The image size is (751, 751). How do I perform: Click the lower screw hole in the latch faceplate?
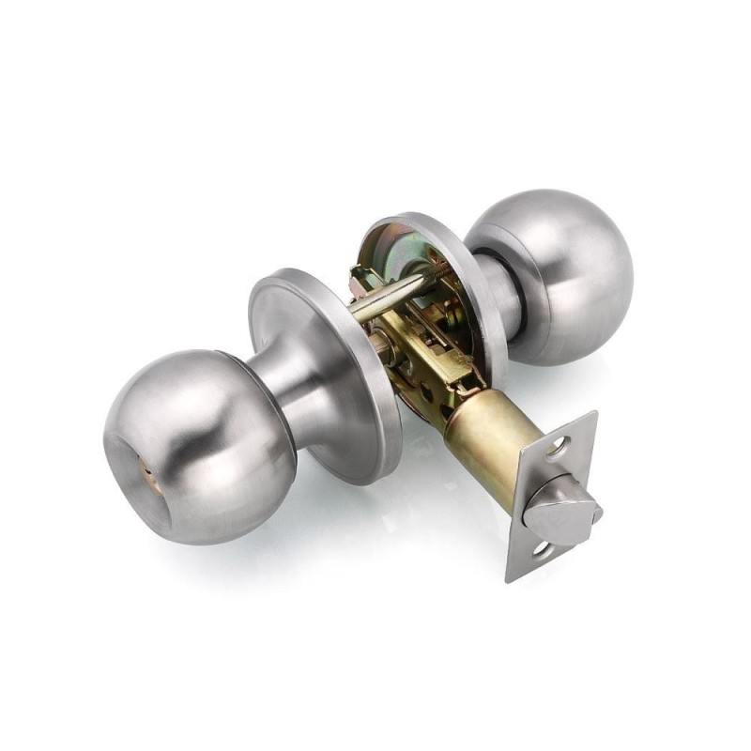(542, 549)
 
